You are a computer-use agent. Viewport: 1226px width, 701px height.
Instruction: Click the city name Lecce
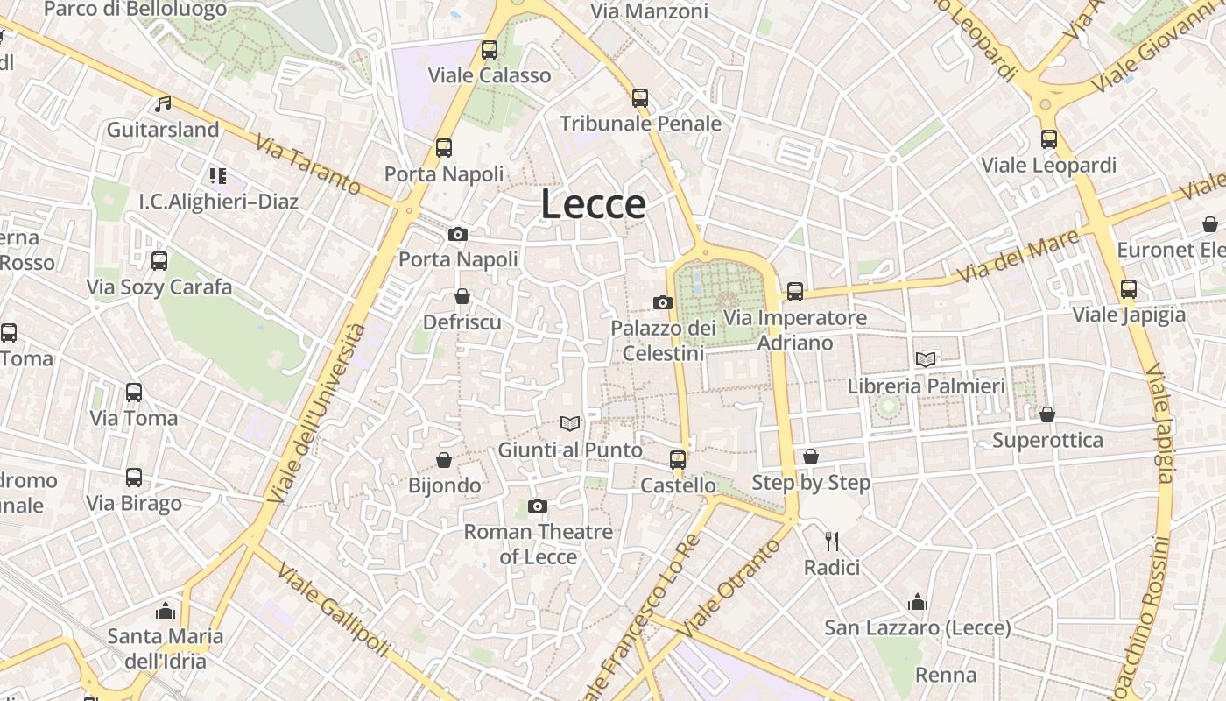(x=593, y=204)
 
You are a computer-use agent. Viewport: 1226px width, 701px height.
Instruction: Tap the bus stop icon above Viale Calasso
(x=490, y=50)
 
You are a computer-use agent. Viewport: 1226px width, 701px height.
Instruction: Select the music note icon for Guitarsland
(x=163, y=104)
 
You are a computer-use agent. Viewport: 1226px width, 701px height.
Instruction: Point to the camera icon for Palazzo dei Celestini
(x=663, y=302)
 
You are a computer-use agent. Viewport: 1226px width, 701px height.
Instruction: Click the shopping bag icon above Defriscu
(x=462, y=297)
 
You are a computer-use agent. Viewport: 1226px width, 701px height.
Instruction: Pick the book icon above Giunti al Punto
(x=570, y=424)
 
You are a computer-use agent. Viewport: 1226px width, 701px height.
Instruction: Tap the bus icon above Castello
(x=677, y=459)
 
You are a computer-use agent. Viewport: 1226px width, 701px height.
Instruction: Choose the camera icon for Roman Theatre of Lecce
(x=538, y=506)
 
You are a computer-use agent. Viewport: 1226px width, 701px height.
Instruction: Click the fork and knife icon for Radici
(x=832, y=542)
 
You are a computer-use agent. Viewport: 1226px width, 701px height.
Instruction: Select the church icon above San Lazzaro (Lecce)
(x=918, y=602)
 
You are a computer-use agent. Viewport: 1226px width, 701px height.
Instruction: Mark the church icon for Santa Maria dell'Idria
(x=166, y=610)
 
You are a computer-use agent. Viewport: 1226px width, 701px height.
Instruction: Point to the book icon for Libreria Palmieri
(x=926, y=359)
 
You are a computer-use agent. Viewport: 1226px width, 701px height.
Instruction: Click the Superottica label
(x=1047, y=440)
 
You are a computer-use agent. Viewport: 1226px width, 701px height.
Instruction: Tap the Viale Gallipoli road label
(x=333, y=610)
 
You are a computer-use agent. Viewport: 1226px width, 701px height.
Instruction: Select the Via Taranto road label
(x=308, y=164)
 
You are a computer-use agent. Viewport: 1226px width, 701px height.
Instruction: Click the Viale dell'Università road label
(x=316, y=413)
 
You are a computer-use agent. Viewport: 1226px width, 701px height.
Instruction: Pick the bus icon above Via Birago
(x=134, y=478)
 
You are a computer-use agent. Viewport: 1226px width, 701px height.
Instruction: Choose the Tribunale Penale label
(x=640, y=124)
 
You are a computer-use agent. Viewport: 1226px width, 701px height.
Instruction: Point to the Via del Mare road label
(x=1017, y=256)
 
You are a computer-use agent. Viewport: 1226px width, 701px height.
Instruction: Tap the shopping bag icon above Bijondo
(x=444, y=460)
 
